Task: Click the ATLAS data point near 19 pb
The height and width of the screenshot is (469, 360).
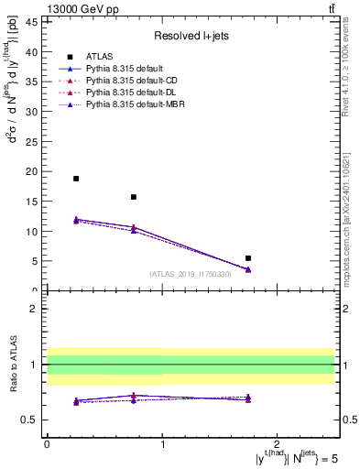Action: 76,179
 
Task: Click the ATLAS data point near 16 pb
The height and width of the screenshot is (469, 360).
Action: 134,197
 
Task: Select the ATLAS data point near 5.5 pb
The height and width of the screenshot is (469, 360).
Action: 248,258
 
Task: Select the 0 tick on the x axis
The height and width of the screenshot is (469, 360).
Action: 47,444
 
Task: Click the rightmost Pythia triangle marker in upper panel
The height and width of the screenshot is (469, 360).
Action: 248,269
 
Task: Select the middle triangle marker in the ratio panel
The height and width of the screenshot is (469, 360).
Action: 134,397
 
